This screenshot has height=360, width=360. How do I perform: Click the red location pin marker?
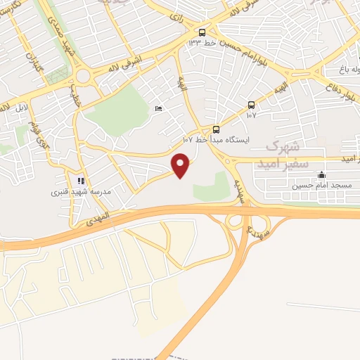(x=181, y=166)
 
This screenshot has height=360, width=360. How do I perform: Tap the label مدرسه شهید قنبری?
(x=81, y=191)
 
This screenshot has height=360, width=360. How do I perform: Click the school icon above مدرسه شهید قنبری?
(x=81, y=180)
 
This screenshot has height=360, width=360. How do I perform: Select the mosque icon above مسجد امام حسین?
(x=321, y=175)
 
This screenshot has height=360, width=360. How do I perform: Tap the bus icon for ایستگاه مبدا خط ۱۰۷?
(x=216, y=129)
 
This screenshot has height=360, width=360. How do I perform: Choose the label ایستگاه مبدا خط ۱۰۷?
(x=212, y=140)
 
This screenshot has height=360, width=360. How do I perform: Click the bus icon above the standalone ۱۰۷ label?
(x=251, y=105)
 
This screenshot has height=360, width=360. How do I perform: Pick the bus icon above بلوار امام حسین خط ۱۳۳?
(x=202, y=32)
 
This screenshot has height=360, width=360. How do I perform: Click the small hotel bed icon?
(x=158, y=108)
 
